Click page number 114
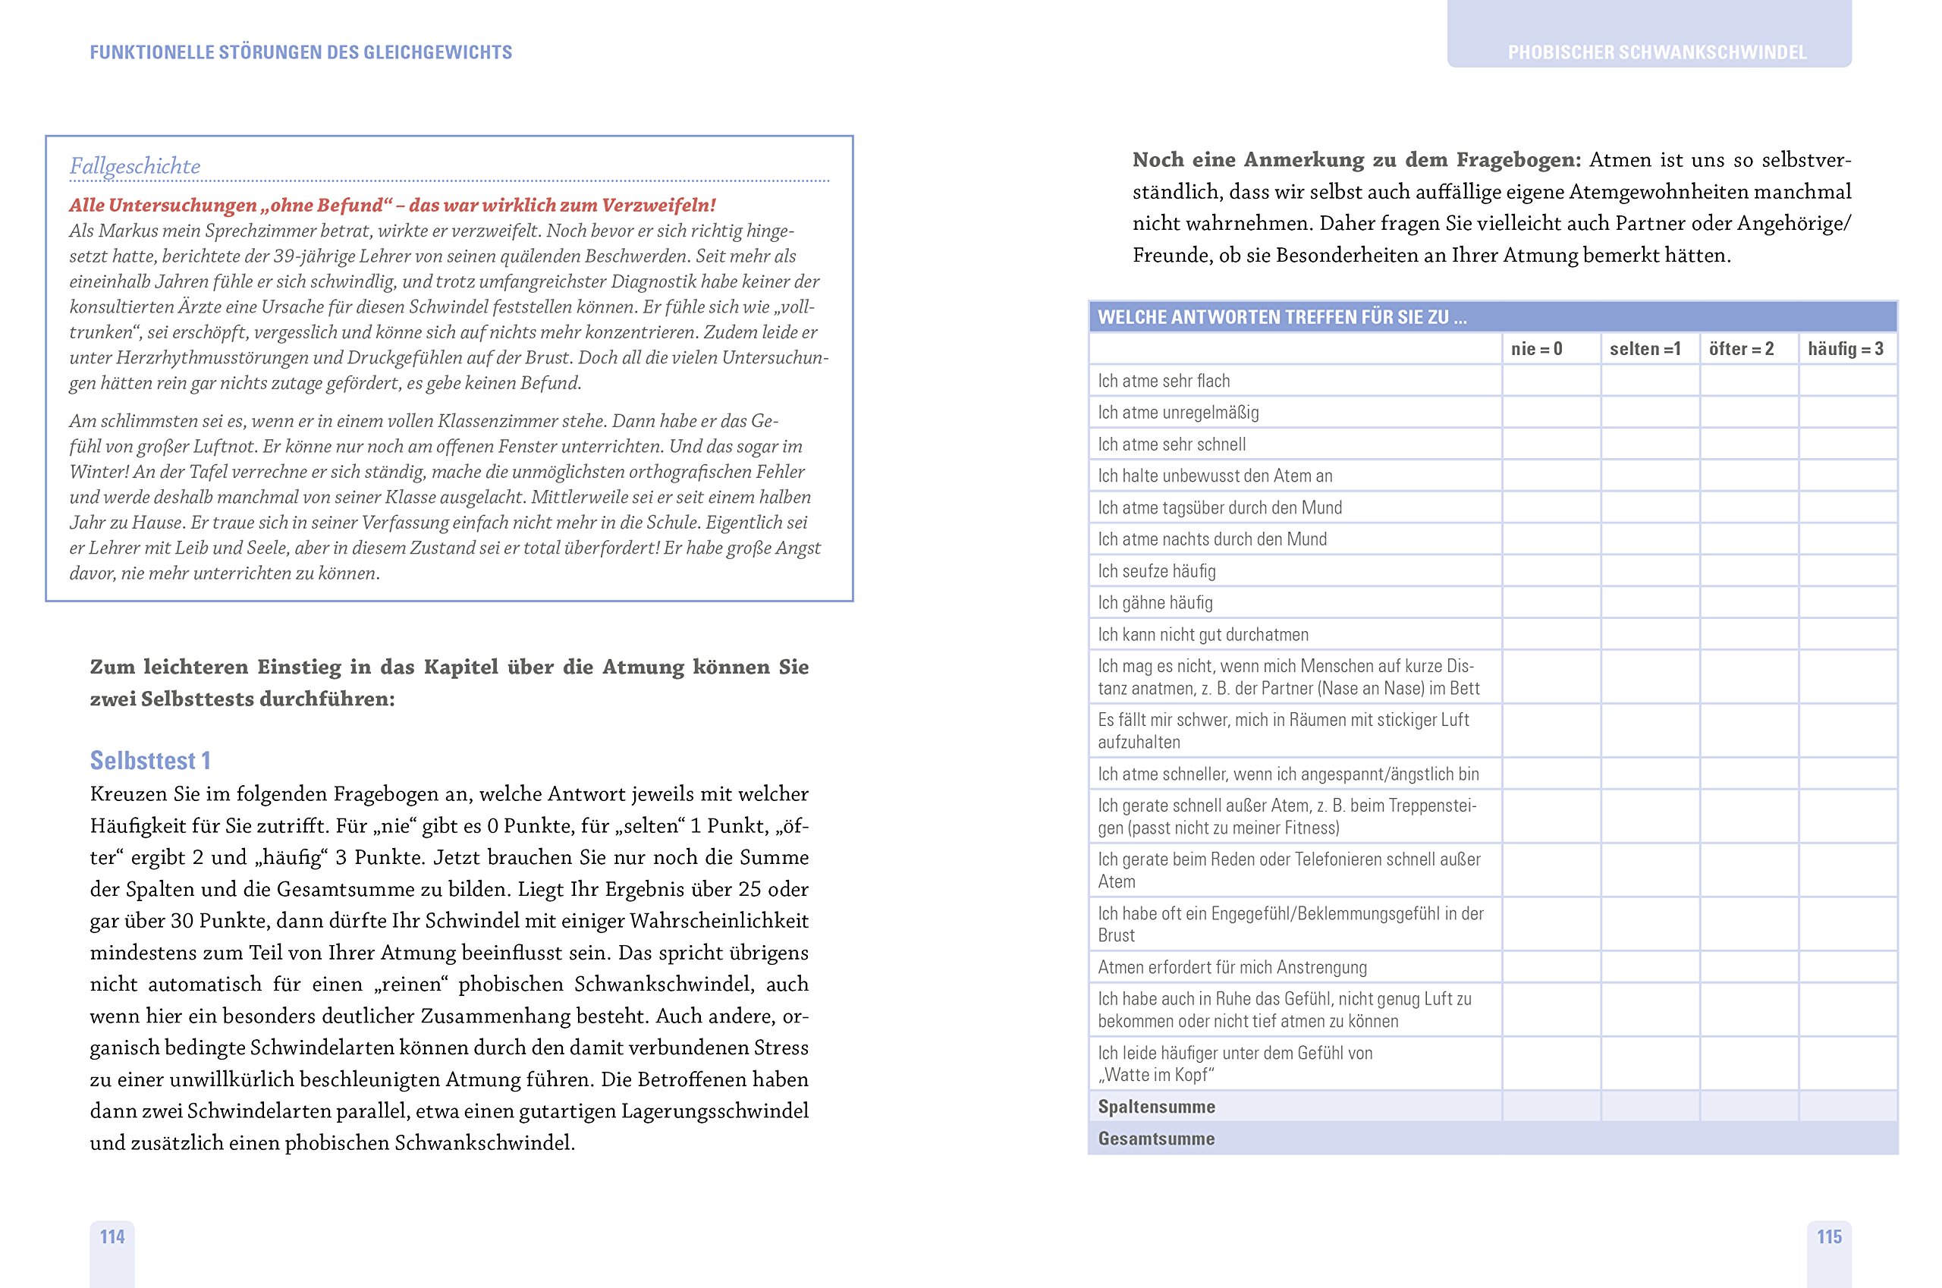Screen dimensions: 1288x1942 coord(112,1236)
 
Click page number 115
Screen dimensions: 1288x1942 coord(1829,1236)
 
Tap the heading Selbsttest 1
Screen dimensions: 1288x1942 coord(150,761)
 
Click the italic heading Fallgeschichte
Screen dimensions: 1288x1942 coord(135,166)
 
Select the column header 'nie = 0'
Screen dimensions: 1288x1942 coord(1536,349)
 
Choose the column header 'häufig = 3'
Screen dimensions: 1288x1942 coord(1845,349)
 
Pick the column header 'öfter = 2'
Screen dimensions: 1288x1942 coord(1741,349)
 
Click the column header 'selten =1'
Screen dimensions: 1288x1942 coord(1645,349)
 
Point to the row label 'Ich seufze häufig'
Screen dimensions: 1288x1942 coord(1157,571)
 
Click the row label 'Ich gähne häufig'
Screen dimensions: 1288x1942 coord(1155,603)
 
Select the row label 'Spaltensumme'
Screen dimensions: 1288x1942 coord(1157,1107)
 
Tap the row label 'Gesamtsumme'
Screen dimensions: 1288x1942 coord(1156,1139)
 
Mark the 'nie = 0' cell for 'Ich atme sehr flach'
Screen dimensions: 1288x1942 coord(1551,380)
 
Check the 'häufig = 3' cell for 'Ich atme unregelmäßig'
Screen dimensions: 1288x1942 coord(1847,413)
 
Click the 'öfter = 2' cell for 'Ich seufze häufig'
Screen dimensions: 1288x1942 coord(1749,571)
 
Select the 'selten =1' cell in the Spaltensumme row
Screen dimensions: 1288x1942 coord(1649,1107)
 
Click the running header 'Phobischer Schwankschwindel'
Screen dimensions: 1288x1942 coord(1657,52)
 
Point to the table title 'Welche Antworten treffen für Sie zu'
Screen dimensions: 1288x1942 coord(1281,317)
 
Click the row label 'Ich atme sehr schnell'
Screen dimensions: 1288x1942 coord(1171,445)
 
